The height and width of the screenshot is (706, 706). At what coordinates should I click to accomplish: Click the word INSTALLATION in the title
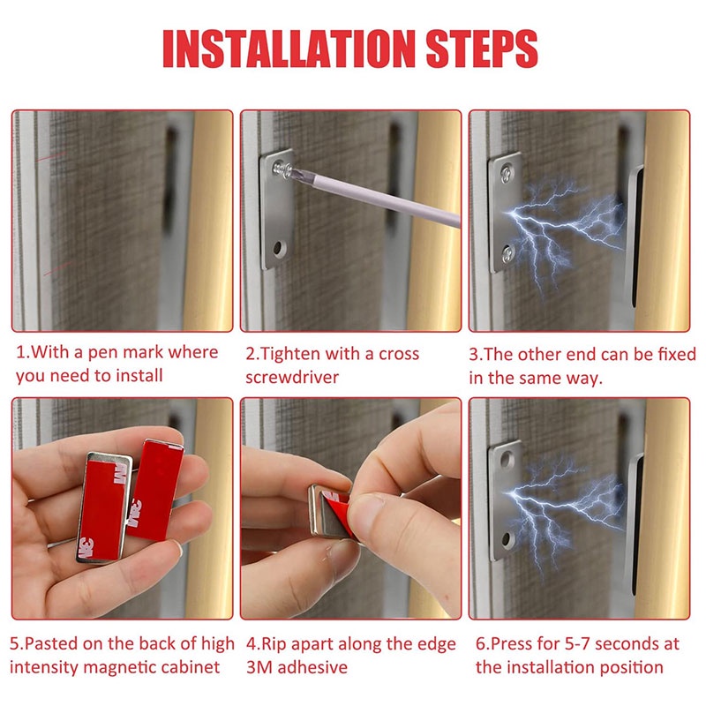[289, 49]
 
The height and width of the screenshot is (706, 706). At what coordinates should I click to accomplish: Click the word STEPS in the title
[482, 49]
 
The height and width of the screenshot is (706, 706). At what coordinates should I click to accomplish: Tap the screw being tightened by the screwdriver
[282, 169]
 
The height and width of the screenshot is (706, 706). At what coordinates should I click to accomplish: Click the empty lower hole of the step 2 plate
[279, 248]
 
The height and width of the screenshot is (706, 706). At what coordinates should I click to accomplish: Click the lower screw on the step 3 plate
[508, 254]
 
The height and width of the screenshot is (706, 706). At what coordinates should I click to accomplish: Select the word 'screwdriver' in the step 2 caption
[292, 378]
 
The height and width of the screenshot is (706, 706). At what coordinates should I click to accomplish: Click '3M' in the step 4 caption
[259, 667]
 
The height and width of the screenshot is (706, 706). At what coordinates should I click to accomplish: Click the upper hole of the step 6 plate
[506, 459]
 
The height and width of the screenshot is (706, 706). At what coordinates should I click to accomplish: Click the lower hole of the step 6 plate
[506, 538]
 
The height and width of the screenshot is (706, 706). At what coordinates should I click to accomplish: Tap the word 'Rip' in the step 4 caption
[274, 645]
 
